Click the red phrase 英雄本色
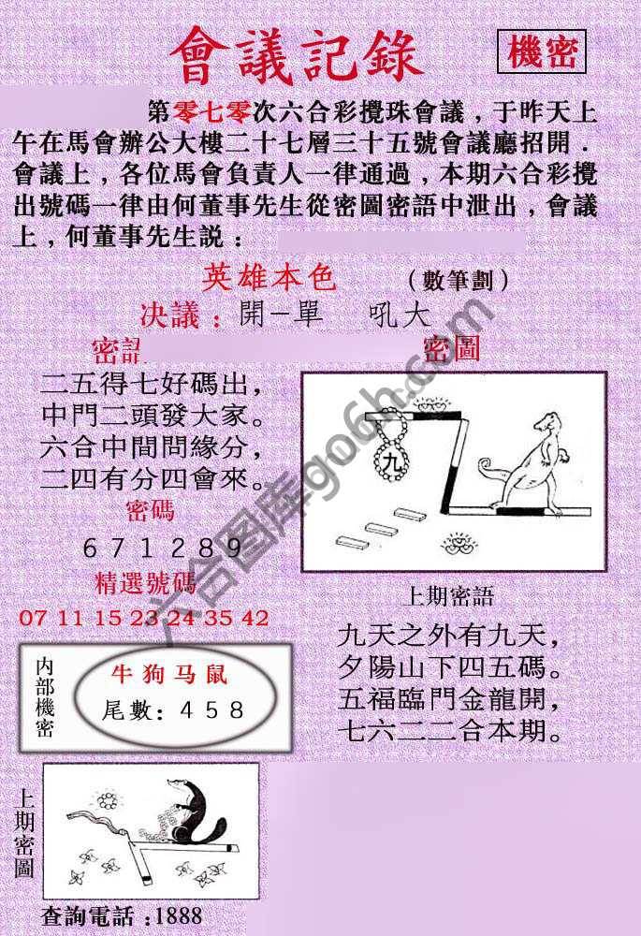tap(269, 278)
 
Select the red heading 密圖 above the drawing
tap(452, 350)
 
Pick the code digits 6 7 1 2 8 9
tap(163, 548)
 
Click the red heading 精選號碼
tap(146, 584)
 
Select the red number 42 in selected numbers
tap(255, 618)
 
